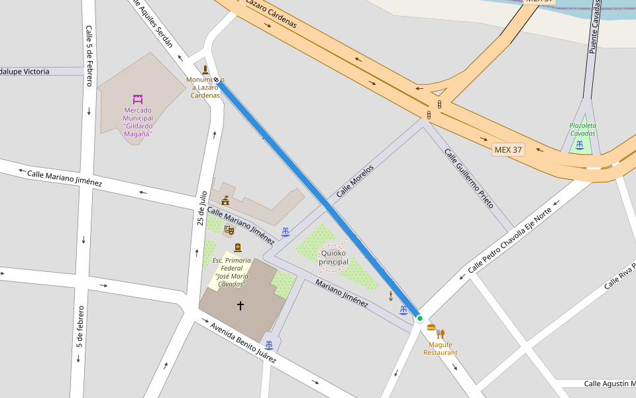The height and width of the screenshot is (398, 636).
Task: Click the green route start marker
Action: [419, 318]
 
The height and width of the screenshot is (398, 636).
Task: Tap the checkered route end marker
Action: [216, 80]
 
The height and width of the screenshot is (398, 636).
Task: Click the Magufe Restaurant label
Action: [441, 348]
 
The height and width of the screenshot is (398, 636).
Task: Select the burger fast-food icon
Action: [431, 327]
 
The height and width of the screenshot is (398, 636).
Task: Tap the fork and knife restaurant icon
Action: [441, 334]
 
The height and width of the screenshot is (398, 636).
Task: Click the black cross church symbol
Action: [240, 305]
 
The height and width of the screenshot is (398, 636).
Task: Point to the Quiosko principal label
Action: [333, 257]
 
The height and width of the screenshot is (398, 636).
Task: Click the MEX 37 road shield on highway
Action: [508, 149]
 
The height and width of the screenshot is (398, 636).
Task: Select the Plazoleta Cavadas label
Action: [582, 129]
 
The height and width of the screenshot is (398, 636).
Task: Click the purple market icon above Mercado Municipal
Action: [138, 99]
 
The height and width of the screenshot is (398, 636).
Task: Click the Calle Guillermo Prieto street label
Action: [469, 178]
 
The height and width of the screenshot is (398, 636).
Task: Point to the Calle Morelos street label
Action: [354, 181]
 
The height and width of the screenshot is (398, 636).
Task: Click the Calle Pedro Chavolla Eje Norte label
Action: [509, 241]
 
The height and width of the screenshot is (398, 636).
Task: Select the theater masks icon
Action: [229, 230]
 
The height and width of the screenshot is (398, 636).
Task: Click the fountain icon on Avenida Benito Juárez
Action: [269, 345]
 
